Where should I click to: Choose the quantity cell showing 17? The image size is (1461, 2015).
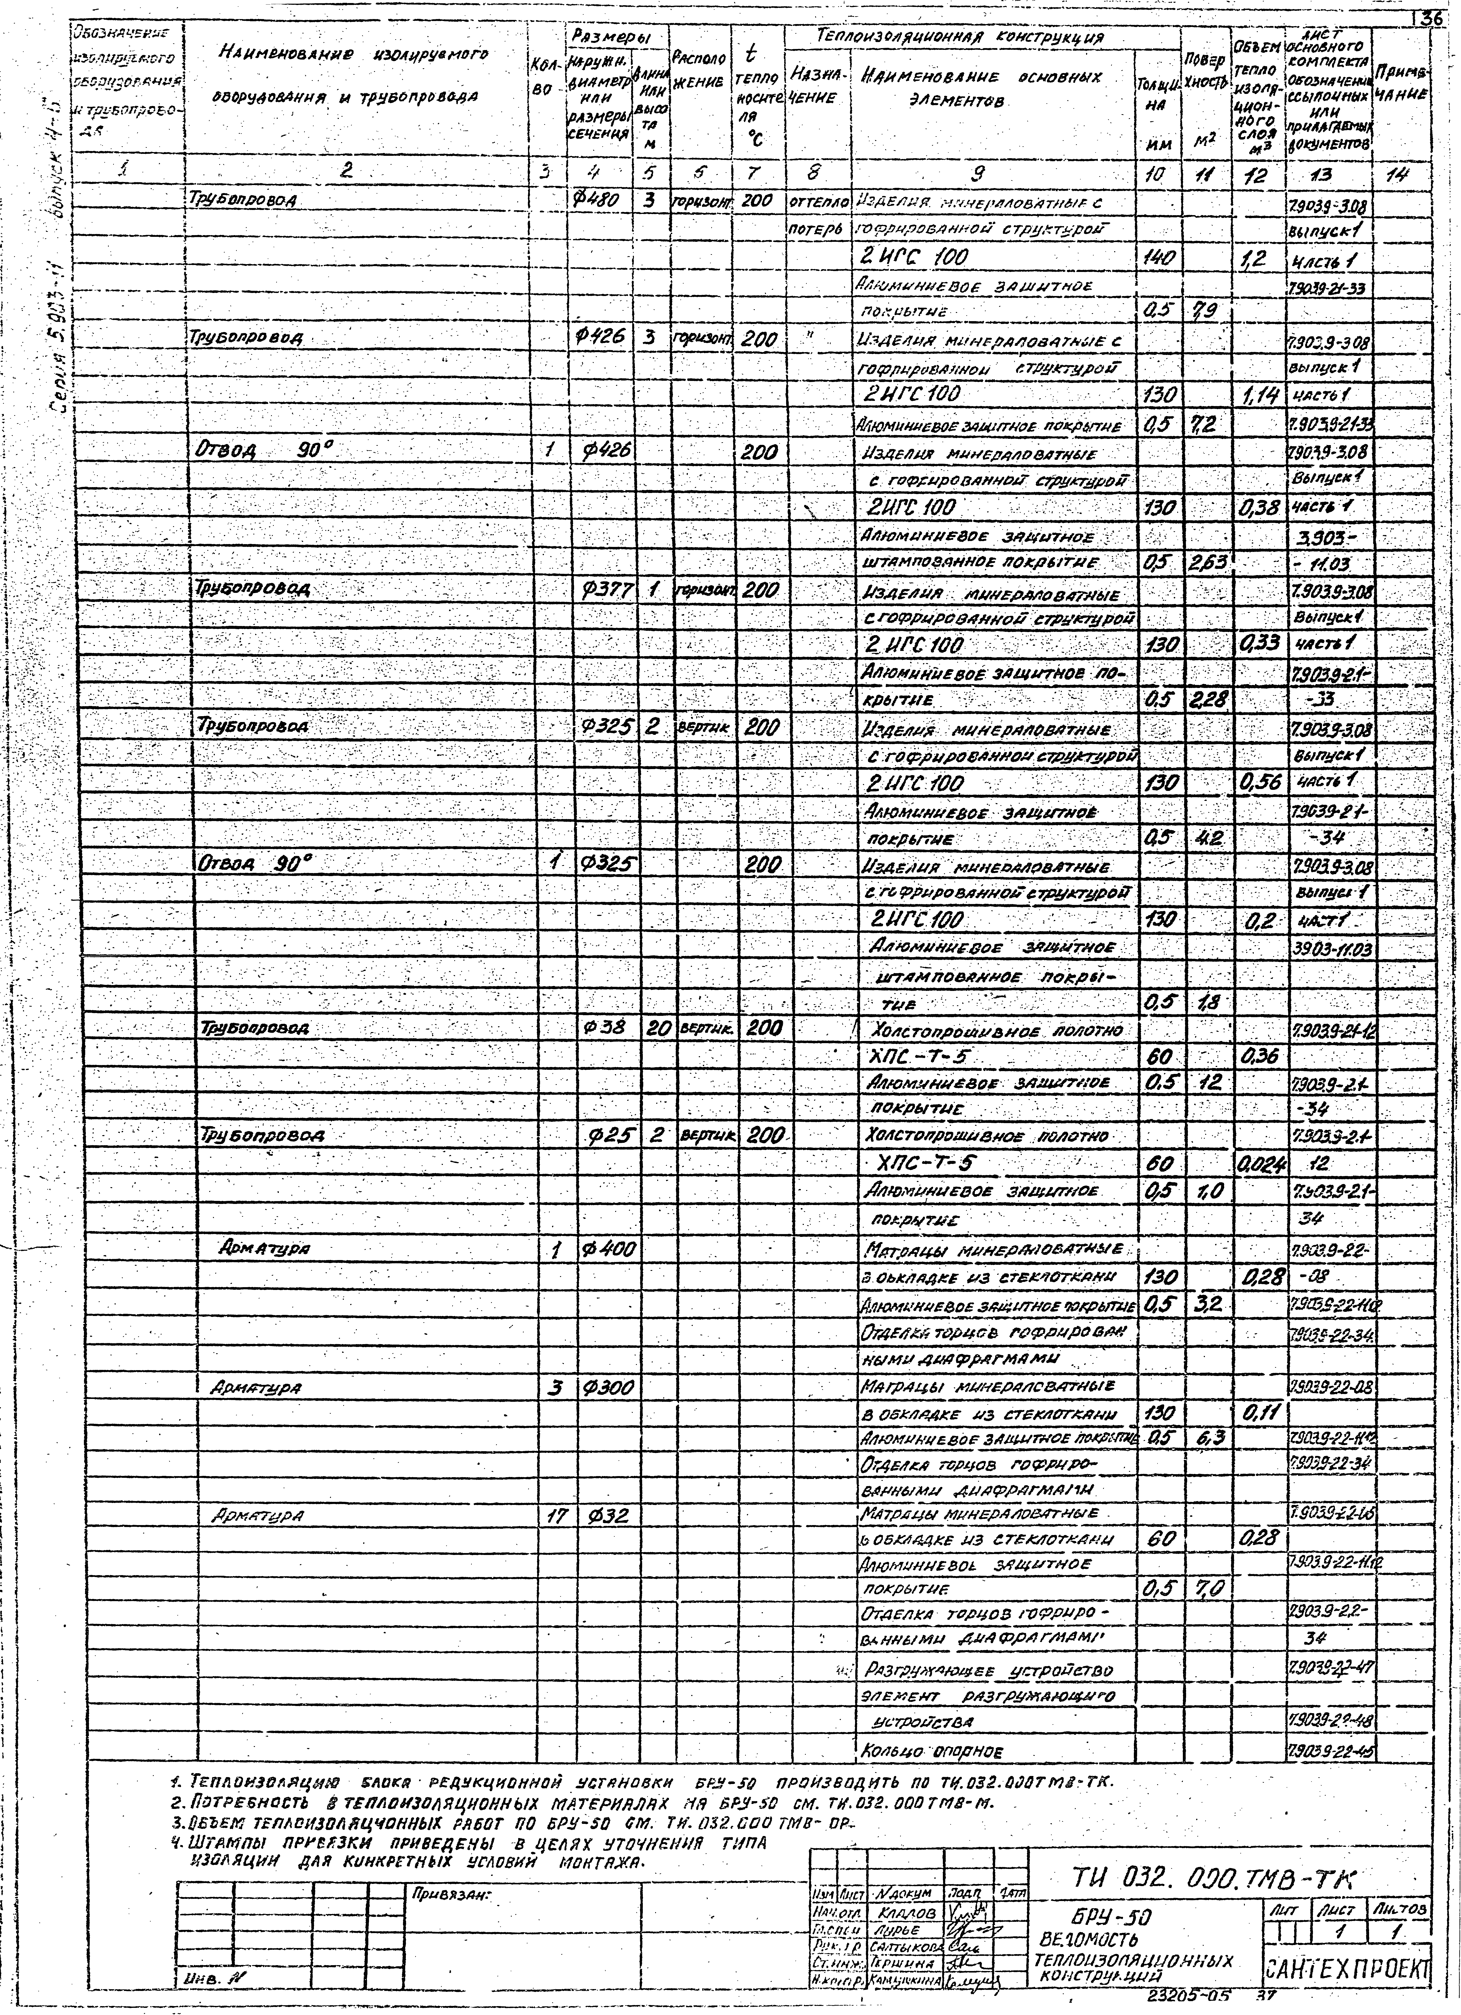556,1518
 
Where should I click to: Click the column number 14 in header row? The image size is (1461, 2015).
1402,175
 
